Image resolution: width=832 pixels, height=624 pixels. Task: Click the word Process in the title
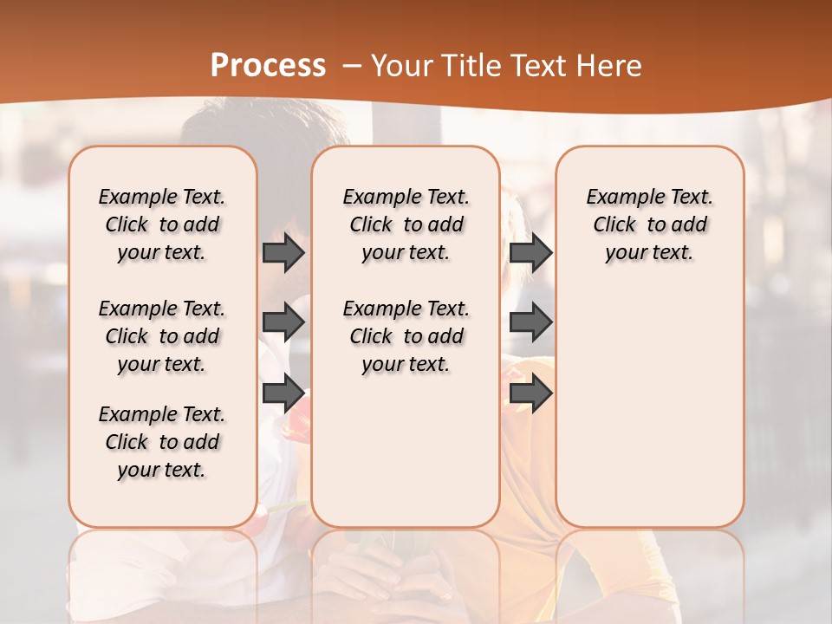[x=268, y=66]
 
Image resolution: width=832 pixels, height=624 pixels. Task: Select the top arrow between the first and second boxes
[x=283, y=252]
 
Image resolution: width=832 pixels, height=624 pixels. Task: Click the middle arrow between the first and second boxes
[x=283, y=322]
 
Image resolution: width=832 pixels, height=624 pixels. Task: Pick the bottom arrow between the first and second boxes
[x=283, y=393]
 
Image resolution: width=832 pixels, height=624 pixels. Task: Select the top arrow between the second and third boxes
[x=530, y=252]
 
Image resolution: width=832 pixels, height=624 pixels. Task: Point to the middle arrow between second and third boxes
[x=530, y=322]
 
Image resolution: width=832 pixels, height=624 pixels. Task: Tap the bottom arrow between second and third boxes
[x=530, y=393]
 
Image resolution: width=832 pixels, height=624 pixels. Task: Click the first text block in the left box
[x=162, y=224]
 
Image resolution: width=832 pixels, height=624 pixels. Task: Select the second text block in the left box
[x=162, y=336]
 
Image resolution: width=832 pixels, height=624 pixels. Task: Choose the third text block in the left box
[x=162, y=442]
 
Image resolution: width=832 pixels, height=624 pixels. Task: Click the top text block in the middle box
[x=406, y=224]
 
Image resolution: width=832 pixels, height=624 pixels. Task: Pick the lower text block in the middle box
[x=406, y=336]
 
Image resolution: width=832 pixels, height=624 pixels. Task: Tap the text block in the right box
[x=649, y=224]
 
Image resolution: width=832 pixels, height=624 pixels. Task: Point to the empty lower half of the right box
[x=649, y=407]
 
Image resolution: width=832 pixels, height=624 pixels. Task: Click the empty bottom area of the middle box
[x=406, y=459]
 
